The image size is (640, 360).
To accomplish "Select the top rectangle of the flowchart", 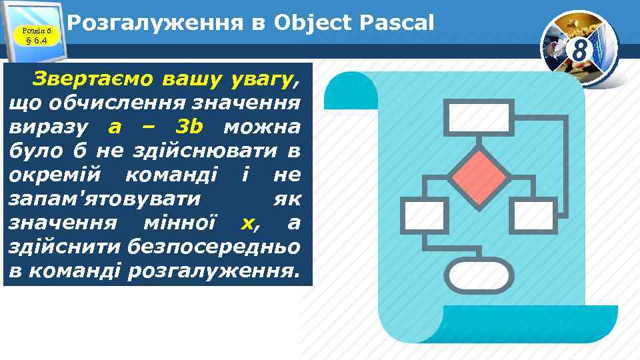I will (x=481, y=117).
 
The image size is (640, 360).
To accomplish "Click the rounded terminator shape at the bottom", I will (x=479, y=276).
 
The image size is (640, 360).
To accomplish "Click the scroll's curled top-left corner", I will (x=348, y=90).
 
